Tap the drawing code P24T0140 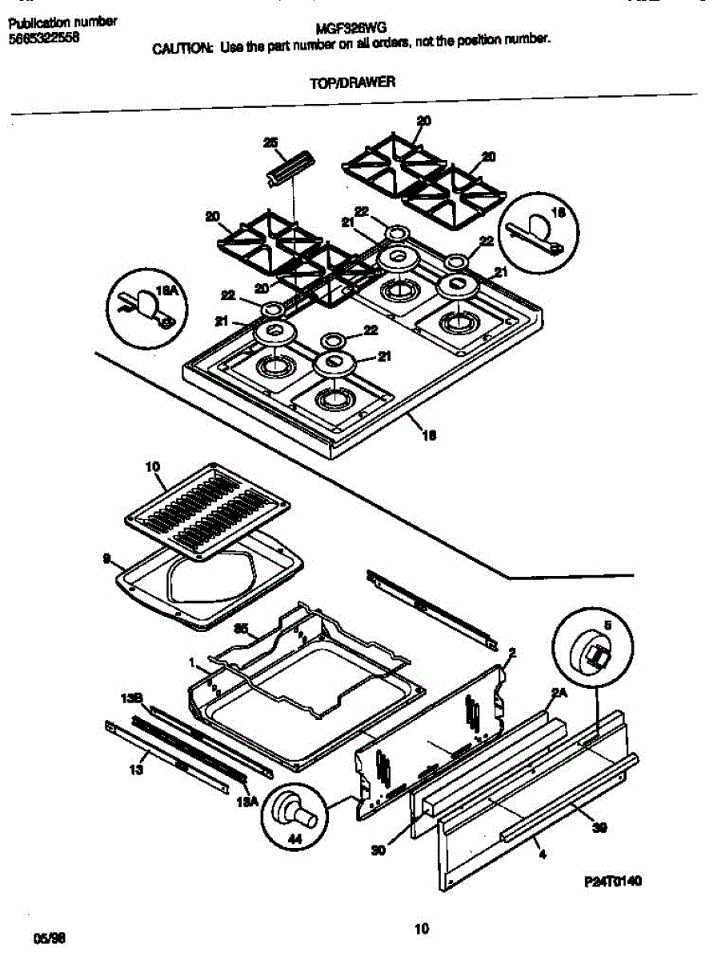[614, 881]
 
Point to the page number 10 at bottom [423, 929]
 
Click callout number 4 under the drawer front [543, 855]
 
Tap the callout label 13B [131, 698]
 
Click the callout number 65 [239, 630]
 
